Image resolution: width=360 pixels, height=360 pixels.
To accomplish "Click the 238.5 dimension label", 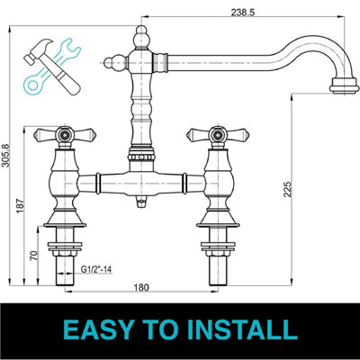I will [x=239, y=12].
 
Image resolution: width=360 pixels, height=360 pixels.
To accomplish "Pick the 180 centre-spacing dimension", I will [x=139, y=288].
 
